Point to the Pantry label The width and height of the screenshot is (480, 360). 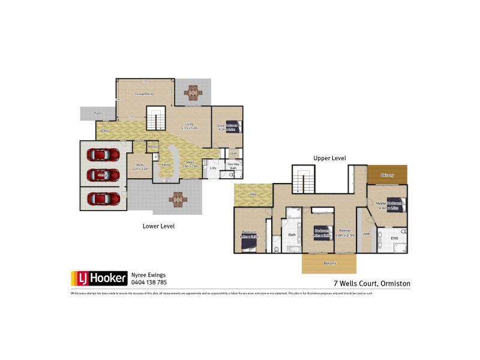(152, 146)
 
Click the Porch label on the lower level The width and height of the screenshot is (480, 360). (97, 113)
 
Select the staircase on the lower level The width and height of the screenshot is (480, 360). (156, 118)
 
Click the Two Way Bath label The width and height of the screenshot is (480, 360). (233, 167)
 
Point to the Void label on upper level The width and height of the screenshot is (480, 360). (253, 194)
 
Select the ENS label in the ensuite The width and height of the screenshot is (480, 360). (394, 239)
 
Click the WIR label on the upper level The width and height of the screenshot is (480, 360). (366, 234)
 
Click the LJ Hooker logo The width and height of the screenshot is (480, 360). (100, 278)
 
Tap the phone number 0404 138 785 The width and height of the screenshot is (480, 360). (149, 282)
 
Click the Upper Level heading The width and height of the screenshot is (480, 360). (329, 158)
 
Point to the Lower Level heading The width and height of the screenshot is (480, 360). (158, 226)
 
